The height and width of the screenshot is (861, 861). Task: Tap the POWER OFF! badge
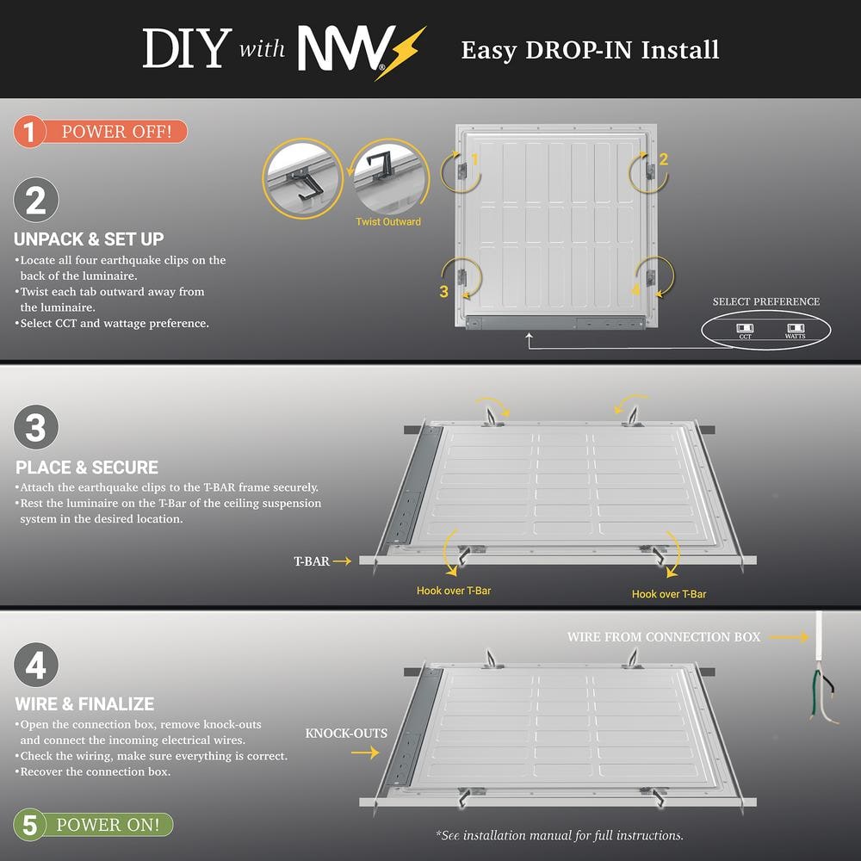101,132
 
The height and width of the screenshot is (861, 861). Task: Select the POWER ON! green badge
93,825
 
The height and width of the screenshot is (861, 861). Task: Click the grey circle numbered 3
36,427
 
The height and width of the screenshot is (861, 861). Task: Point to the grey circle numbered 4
36,665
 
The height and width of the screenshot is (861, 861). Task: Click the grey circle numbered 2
36,200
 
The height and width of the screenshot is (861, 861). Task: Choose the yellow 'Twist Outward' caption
388,222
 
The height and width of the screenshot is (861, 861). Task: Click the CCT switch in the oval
745,328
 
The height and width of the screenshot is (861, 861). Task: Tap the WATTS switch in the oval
795,328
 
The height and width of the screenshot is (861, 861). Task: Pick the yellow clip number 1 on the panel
474,159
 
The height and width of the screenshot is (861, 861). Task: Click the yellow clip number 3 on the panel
443,291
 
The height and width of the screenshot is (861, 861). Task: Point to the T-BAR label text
312,561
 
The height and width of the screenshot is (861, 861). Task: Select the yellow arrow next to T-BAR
342,561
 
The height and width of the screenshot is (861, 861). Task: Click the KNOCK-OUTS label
346,734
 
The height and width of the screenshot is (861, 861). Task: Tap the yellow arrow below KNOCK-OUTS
365,753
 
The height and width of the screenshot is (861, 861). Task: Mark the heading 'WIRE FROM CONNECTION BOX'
664,637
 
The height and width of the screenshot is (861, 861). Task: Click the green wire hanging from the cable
815,693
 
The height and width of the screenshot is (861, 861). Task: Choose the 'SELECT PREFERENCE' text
766,301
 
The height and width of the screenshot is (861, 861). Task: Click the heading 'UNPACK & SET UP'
89,239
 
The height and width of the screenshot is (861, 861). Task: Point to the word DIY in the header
187,48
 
